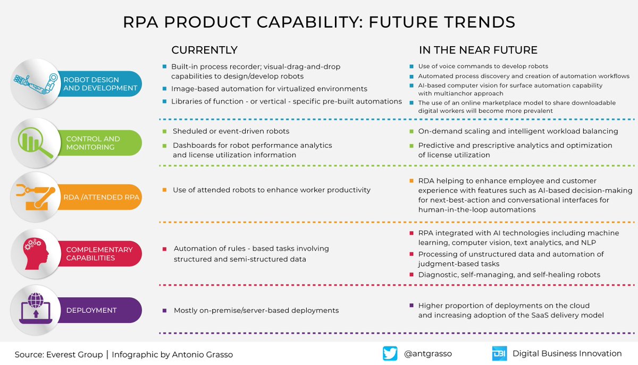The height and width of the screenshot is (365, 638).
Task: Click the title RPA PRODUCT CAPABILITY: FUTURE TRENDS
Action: click(319, 22)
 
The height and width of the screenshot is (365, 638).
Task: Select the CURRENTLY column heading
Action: click(204, 50)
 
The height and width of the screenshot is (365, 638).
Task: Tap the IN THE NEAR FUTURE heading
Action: click(478, 50)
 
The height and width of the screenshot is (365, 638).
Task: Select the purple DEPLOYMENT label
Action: click(91, 310)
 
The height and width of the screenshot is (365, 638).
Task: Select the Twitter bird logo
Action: click(390, 354)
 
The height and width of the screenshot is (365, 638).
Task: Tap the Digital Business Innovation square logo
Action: click(499, 354)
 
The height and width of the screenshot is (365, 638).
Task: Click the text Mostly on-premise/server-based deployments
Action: click(256, 310)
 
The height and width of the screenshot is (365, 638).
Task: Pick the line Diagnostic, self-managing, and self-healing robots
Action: click(509, 275)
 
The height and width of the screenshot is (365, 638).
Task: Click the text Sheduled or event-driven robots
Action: click(231, 131)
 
